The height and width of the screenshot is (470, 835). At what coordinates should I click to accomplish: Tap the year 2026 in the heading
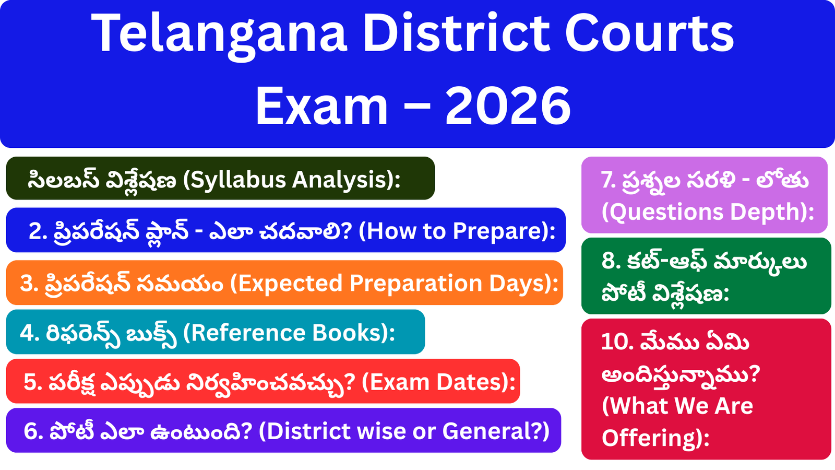pos(508,106)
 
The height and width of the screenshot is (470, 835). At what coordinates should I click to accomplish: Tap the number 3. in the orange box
pos(29,284)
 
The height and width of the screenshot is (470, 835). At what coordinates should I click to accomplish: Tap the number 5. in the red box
pos(33,383)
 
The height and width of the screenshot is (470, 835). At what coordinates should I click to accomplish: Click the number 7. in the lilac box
pos(609,180)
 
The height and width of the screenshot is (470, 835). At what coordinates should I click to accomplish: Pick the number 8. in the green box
pos(611,261)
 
